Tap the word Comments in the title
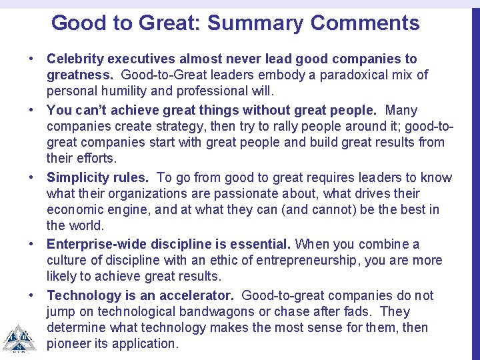pyautogui.click(x=365, y=23)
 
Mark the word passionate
pyautogui.click(x=259, y=194)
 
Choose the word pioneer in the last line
pyautogui.click(x=69, y=344)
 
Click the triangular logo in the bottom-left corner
pyautogui.click(x=16, y=338)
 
